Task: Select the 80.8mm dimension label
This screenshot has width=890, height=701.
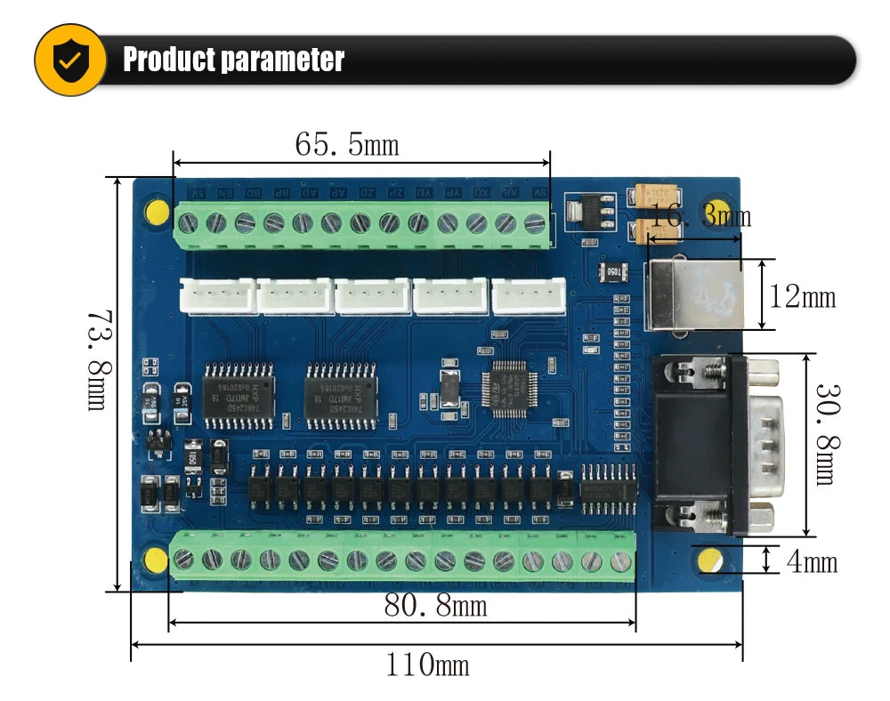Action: [435, 606]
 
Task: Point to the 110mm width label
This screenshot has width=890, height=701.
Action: [427, 664]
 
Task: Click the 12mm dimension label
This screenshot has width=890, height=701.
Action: [803, 296]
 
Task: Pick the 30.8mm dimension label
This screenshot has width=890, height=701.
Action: [824, 434]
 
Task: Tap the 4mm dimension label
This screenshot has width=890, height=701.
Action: [812, 561]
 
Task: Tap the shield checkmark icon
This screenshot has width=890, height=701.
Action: [69, 60]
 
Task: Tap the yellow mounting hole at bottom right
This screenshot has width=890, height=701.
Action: [710, 560]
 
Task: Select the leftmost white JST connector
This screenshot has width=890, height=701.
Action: [217, 295]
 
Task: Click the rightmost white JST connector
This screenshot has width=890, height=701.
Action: [530, 295]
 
